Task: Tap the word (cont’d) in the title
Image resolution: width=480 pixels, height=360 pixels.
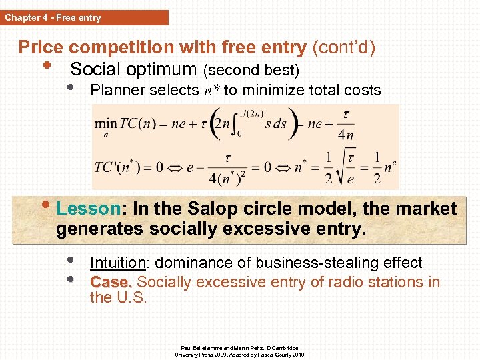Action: coord(344,47)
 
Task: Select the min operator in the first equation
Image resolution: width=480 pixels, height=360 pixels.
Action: coord(103,124)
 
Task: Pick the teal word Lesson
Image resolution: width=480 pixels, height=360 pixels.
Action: coord(87,209)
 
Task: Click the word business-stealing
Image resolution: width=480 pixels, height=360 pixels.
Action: coord(303,263)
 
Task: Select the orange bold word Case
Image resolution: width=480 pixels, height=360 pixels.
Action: coord(111,282)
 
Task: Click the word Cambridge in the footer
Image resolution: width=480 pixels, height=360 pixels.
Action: coord(285,348)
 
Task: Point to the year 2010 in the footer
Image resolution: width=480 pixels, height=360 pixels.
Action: coord(295,355)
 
